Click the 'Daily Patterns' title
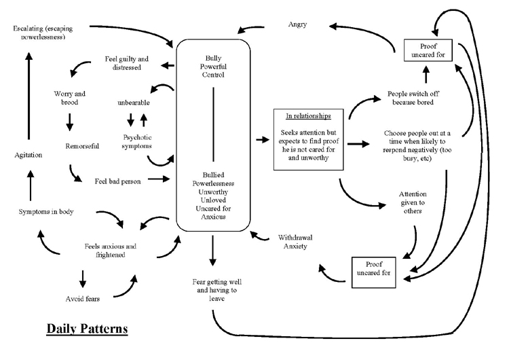tap(87, 329)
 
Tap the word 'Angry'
tap(297, 24)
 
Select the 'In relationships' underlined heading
tap(308, 116)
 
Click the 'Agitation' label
tap(29, 155)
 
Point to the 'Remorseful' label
tap(82, 146)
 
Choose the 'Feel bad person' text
tap(118, 181)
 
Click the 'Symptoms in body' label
tap(46, 212)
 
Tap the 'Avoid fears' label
tap(82, 299)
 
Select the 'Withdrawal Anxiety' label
tap(295, 242)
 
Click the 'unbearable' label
tap(134, 103)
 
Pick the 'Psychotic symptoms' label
tap(137, 142)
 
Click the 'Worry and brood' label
tap(69, 98)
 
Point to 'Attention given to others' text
tap(413, 202)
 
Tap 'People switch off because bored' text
tap(413, 98)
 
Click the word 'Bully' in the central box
tap(213, 58)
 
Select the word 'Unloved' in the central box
tap(213, 200)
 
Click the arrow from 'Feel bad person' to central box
tap(159, 179)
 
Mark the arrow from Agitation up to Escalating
tap(29, 96)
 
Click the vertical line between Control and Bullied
tap(213, 124)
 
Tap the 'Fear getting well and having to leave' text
tap(216, 290)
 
